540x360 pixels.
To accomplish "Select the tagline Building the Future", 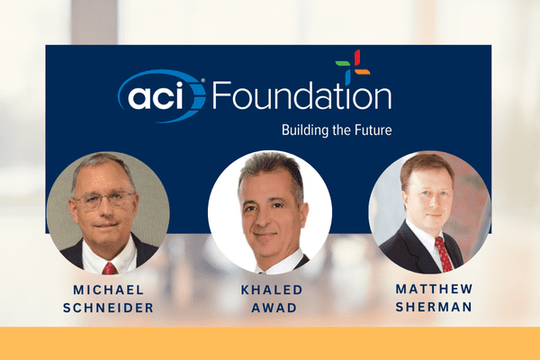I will click(337, 130).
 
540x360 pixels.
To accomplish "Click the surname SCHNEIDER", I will click(108, 307).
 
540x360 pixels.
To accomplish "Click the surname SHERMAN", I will click(432, 308).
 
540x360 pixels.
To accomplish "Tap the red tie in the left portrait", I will click(109, 266).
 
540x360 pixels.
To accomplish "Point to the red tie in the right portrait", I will click(443, 252).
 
